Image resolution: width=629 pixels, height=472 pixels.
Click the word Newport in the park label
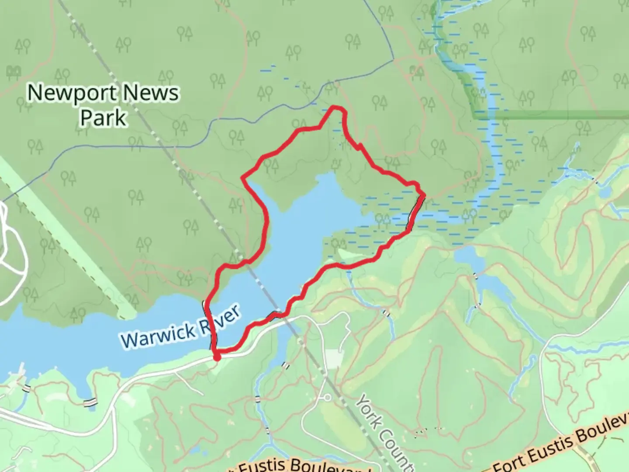tap(73, 93)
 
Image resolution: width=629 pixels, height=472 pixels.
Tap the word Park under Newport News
tap(104, 118)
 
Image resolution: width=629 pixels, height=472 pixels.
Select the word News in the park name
tap(151, 93)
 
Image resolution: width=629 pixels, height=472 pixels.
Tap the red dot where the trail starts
tap(217, 358)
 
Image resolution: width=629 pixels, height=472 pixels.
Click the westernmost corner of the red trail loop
tap(243, 177)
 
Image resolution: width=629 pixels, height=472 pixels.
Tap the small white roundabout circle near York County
tap(327, 397)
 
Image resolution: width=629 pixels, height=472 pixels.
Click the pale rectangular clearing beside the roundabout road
tap(335, 359)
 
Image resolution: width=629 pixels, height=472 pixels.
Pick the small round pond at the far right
tap(605, 193)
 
